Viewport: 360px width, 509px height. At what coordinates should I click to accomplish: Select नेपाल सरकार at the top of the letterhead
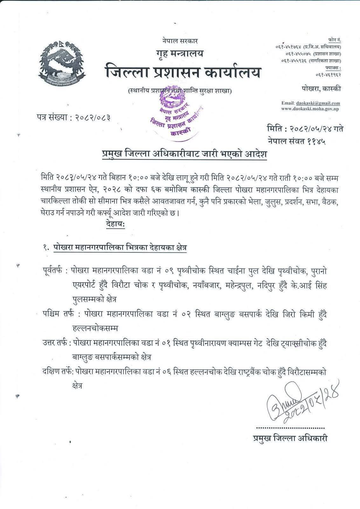pyautogui.click(x=180, y=41)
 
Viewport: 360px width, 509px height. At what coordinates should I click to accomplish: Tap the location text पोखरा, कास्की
pyautogui.click(x=321, y=89)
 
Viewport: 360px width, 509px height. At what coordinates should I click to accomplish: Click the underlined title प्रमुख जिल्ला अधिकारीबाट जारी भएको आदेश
pyautogui.click(x=182, y=155)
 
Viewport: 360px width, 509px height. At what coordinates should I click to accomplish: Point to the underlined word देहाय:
pyautogui.click(x=115, y=225)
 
